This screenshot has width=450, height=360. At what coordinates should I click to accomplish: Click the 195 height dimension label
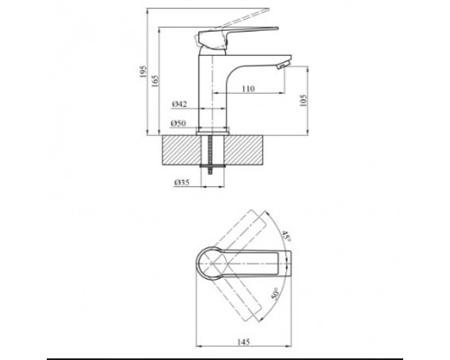coord(143,72)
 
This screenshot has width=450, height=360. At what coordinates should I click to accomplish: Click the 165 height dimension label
coord(155,81)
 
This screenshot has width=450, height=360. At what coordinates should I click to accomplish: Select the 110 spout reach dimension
coord(248,88)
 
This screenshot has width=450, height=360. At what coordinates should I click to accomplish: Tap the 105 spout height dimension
coord(303,101)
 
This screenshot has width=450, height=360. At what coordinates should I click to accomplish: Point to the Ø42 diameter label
coord(179,104)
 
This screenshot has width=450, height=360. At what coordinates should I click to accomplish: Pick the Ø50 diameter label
coord(178,123)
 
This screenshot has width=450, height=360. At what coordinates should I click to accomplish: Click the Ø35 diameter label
coord(182,182)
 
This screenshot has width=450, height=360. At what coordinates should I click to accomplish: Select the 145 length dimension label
coord(243,342)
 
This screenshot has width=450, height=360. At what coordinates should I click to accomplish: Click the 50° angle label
coord(274,293)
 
